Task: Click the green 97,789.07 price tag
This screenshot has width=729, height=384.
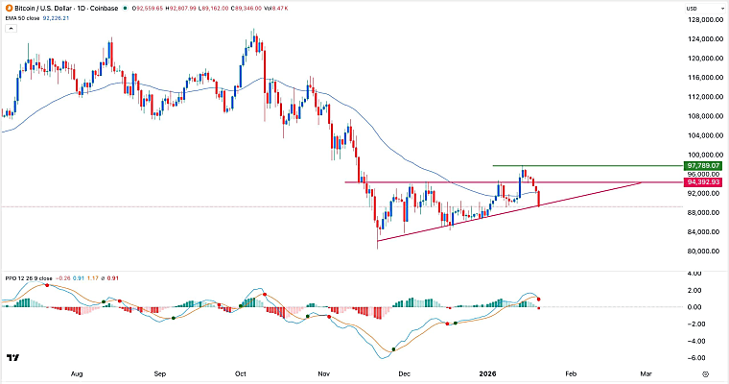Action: coord(703,166)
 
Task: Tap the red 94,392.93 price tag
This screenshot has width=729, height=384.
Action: coord(703,182)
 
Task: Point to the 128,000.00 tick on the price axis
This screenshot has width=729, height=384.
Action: coord(705,20)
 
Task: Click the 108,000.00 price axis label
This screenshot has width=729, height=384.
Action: coord(705,116)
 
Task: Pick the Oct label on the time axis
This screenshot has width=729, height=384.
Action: coord(241,373)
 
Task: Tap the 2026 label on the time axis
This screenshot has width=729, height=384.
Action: coord(487,373)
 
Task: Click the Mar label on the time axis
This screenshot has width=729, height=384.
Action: coord(646,373)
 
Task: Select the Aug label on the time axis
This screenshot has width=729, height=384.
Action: coord(77,373)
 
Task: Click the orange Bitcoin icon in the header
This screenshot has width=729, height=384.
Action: coord(9,8)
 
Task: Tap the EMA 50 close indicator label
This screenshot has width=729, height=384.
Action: coord(21,18)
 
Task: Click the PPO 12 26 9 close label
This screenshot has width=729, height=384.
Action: coord(29,278)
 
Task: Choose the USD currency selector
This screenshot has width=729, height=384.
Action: coord(702,9)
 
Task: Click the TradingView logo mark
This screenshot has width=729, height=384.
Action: coord(13,357)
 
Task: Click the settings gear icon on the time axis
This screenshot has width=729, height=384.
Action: coord(705,373)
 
